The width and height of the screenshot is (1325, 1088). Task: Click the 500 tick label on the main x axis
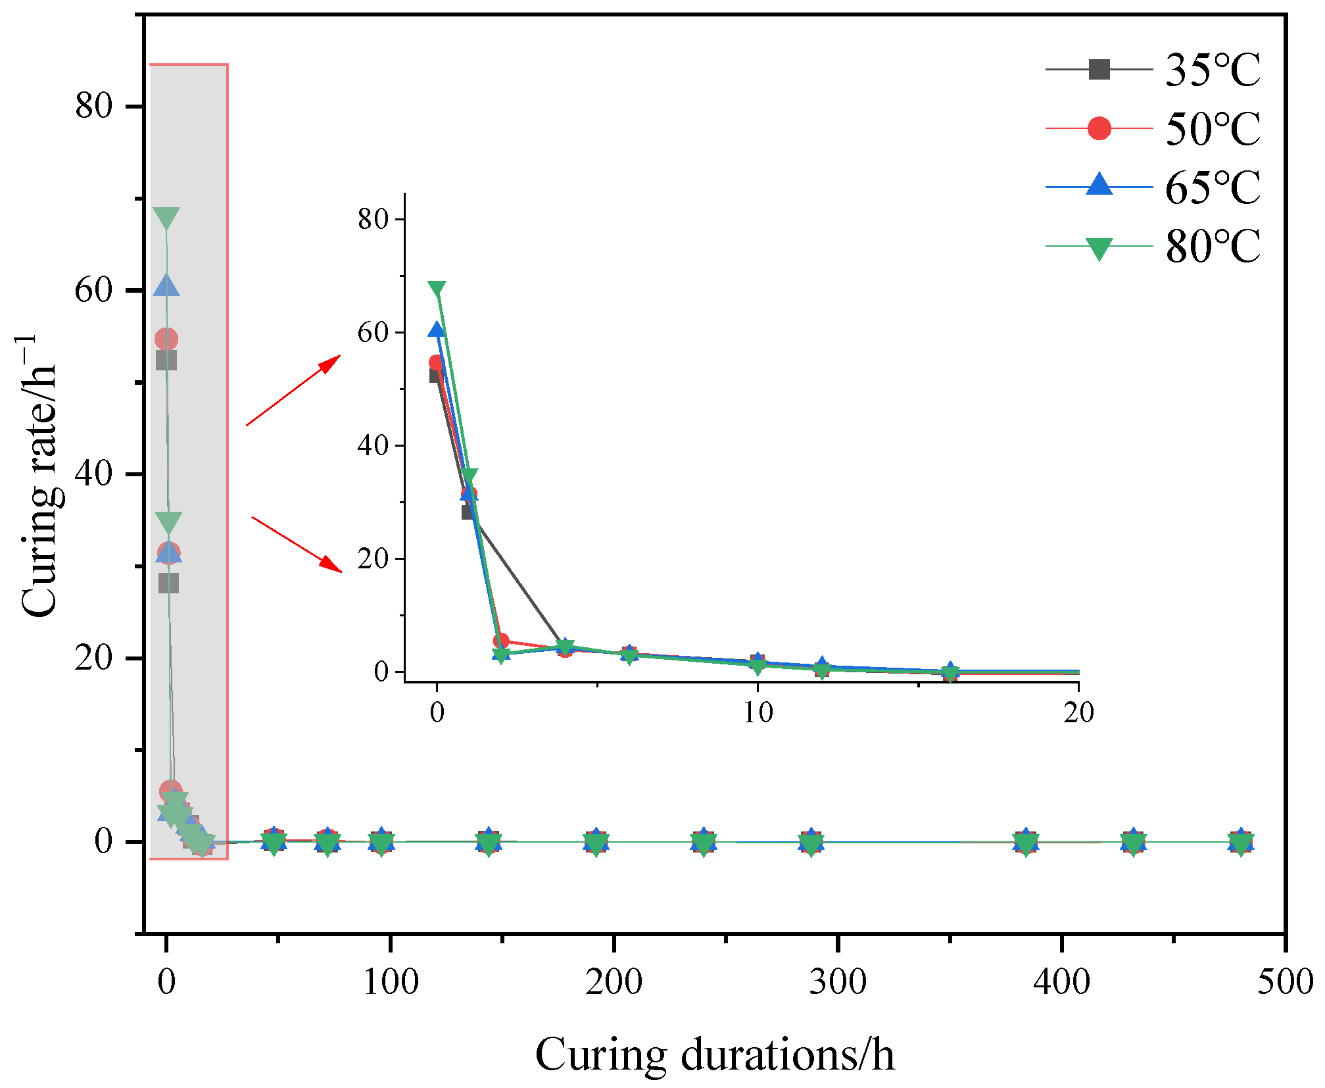click(x=1284, y=982)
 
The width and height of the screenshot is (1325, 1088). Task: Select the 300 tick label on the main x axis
click(x=837, y=982)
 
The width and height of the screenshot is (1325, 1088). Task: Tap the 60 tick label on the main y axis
click(x=93, y=290)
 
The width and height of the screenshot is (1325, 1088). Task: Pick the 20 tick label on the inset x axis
click(x=1078, y=712)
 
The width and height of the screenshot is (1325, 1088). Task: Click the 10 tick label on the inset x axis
click(x=758, y=712)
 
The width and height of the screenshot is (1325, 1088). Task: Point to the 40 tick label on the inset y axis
click(x=373, y=445)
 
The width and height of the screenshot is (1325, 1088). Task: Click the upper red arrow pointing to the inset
click(x=293, y=391)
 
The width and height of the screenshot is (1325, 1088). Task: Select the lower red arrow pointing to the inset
click(x=297, y=545)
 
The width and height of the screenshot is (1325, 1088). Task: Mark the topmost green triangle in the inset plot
click(x=437, y=289)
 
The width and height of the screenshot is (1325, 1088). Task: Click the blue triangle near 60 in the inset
click(x=437, y=330)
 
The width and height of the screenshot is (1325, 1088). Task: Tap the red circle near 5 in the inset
click(x=501, y=641)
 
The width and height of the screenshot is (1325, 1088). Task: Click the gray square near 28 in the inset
click(x=468, y=512)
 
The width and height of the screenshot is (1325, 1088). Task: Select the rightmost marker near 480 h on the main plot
click(x=1240, y=842)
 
